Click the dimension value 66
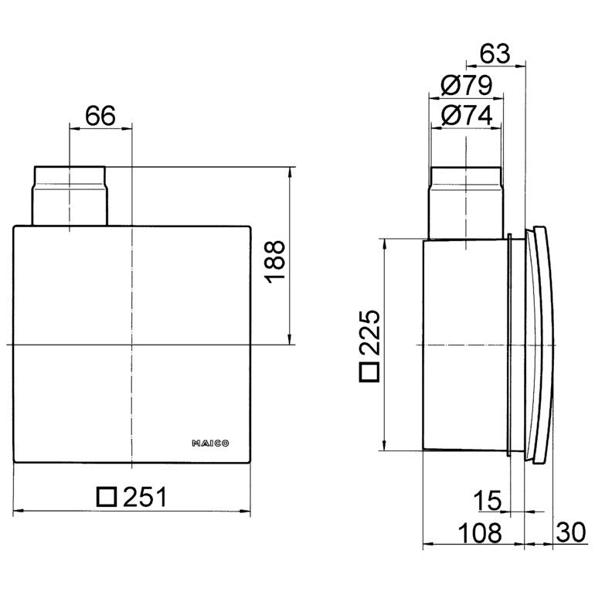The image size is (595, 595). (100, 116)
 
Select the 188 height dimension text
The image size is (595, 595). (274, 262)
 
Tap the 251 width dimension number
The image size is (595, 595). (144, 497)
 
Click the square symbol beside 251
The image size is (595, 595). (107, 497)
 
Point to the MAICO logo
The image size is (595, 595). (210, 444)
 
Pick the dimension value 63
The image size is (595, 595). (495, 54)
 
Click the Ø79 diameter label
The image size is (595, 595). (467, 85)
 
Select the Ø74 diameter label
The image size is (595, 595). (467, 115)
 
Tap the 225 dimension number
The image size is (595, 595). (369, 332)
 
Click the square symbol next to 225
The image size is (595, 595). (369, 372)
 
